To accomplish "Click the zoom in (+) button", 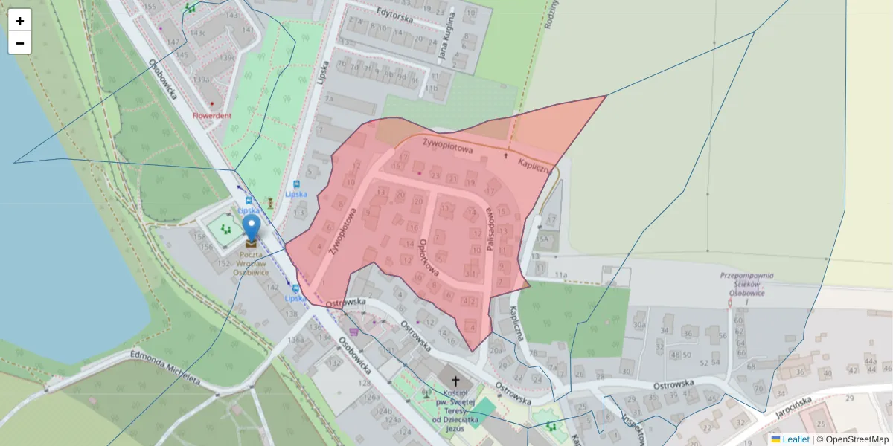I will point(20,21).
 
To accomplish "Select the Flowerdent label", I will point(212,116).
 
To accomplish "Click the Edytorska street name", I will point(394,16).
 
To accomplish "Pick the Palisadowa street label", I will point(491,228).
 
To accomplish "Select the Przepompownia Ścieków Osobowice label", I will point(746,283).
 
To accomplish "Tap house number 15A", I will point(543,239).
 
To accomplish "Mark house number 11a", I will point(560,275).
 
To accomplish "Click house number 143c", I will point(197,33).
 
